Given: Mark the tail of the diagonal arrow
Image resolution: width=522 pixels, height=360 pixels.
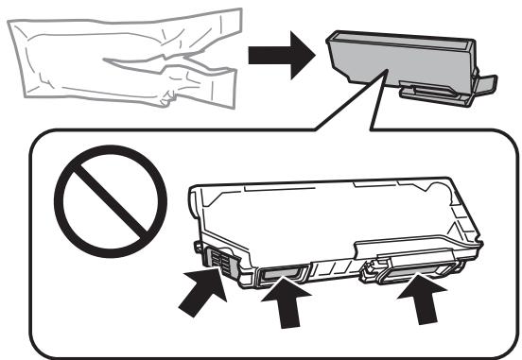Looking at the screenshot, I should pyautogui.click(x=179, y=308).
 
